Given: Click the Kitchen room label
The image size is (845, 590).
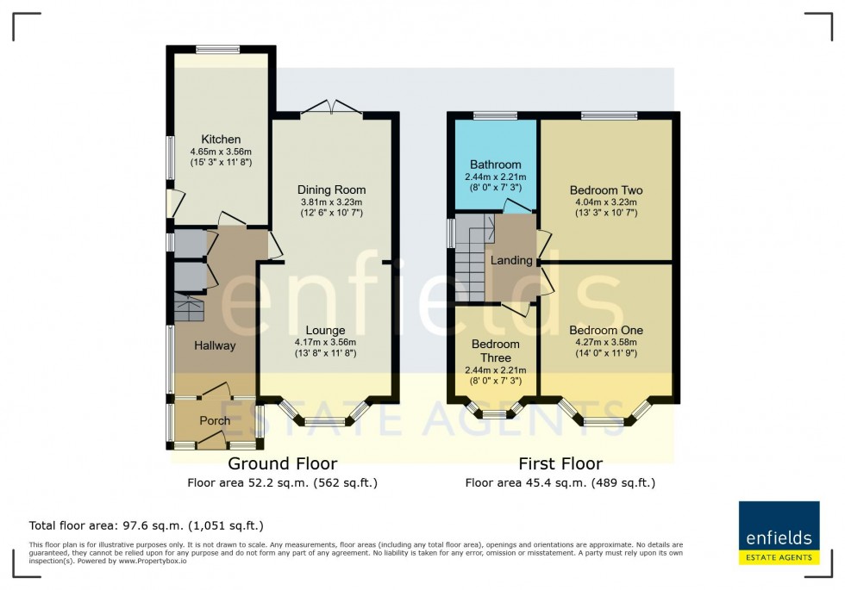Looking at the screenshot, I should tap(221, 140).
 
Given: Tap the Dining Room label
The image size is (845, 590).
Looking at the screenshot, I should tap(331, 189).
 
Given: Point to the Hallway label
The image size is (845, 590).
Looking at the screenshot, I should tap(215, 345).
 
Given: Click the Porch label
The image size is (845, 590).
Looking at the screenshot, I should tap(215, 421).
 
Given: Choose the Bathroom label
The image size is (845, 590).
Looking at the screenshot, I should tap(495, 165).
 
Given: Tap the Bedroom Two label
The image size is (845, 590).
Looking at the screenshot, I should tap(606, 190).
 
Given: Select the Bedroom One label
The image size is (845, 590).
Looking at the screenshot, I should tap(606, 330).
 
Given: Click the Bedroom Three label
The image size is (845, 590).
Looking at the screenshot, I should tap(495, 351).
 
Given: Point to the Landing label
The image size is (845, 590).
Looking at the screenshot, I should tap(511, 260).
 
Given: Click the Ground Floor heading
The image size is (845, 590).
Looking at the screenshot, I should tap(282, 464).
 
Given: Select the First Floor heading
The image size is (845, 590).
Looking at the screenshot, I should tap(560, 464).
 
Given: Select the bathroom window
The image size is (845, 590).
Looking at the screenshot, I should tap(494, 115).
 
